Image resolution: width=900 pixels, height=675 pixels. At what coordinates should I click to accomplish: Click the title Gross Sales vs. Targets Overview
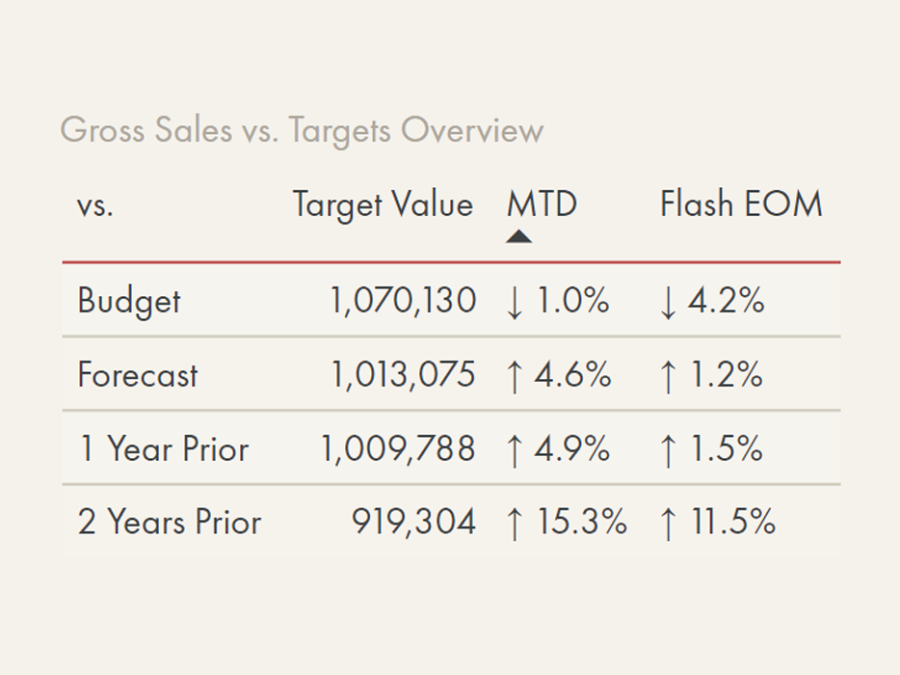tap(302, 129)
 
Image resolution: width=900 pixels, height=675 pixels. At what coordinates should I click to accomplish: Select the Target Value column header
tap(383, 204)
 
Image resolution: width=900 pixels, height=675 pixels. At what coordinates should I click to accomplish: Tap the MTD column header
tap(542, 204)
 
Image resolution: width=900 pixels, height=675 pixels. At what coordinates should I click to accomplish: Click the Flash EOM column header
tap(741, 204)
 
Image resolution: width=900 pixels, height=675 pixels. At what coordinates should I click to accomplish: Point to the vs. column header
tap(95, 206)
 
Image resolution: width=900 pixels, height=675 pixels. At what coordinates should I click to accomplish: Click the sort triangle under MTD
tap(518, 236)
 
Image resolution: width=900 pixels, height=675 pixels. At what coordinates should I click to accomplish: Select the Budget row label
tap(129, 301)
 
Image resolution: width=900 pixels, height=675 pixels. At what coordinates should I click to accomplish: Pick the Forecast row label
tap(138, 375)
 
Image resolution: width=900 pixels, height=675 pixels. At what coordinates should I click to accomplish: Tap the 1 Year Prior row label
tap(163, 448)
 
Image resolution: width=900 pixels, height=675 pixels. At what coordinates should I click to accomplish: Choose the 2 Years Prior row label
tap(170, 522)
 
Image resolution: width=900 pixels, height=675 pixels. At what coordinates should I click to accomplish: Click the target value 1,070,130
tap(403, 301)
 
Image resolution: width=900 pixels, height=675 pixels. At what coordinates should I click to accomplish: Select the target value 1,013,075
tap(403, 375)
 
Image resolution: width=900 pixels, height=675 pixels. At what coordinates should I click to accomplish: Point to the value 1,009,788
tap(398, 448)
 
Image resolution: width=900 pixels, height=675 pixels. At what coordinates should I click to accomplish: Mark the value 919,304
tap(413, 522)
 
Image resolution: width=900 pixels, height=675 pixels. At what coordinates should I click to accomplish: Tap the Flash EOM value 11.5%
tap(733, 522)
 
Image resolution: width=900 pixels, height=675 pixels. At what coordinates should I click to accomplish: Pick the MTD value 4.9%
tap(572, 448)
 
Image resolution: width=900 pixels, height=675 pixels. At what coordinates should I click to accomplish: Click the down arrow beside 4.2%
tap(668, 302)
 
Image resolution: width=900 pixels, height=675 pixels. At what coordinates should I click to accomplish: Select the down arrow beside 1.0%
tap(515, 302)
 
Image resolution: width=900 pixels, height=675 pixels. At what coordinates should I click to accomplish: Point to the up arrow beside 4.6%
tap(515, 376)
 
